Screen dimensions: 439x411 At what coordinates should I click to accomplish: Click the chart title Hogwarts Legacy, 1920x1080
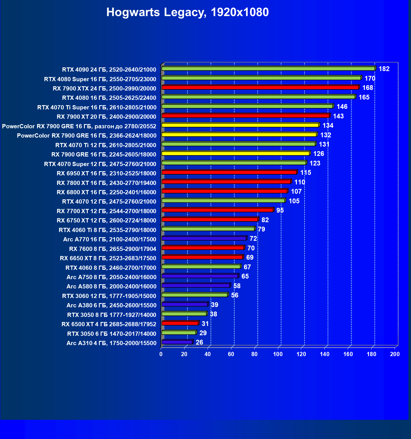(x=187, y=12)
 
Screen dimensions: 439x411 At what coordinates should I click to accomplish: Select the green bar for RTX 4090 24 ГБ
(x=268, y=69)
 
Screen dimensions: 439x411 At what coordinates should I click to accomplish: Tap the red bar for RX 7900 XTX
(x=260, y=87)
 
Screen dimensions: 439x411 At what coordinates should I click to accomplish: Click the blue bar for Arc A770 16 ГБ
(x=204, y=239)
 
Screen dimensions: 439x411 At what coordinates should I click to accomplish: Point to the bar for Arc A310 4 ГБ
(x=177, y=342)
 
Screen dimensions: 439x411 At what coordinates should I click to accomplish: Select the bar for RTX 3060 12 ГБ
(x=194, y=295)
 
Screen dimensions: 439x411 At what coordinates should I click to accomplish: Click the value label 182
(x=384, y=69)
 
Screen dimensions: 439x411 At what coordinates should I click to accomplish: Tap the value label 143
(x=338, y=116)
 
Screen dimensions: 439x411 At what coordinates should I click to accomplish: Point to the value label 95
(x=280, y=211)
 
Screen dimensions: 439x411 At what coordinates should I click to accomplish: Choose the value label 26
(x=199, y=343)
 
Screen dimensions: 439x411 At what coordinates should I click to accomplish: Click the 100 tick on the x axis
(x=278, y=354)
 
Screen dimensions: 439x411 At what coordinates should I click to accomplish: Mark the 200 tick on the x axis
(x=395, y=354)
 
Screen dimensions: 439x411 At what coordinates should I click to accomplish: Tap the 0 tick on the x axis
(x=161, y=354)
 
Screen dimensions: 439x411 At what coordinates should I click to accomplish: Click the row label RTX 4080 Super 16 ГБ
(x=100, y=79)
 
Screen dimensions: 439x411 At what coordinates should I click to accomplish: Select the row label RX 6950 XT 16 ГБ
(x=106, y=173)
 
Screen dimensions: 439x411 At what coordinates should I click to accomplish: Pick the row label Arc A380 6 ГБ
(x=111, y=305)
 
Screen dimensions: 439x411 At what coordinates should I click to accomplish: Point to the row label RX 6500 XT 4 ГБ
(x=109, y=324)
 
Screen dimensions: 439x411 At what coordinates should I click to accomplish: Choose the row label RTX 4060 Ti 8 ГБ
(x=107, y=230)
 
